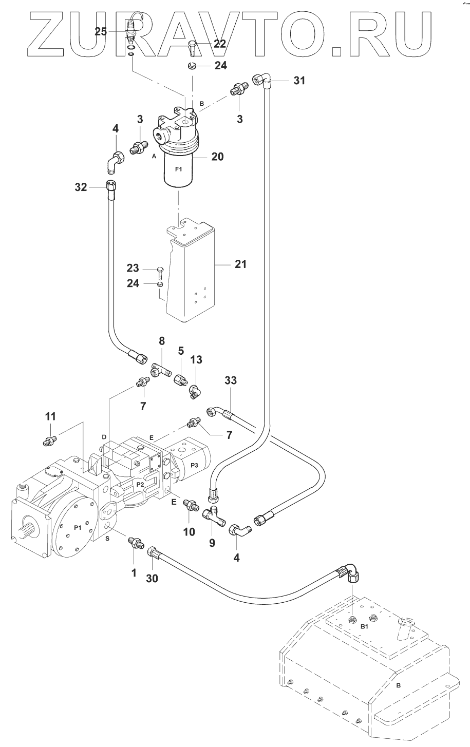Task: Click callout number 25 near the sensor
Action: point(101,32)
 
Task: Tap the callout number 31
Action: point(299,80)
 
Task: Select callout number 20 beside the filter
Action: point(218,157)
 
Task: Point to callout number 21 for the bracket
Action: point(240,264)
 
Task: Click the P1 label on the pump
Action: point(78,527)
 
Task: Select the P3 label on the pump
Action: point(194,465)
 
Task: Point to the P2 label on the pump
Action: point(140,484)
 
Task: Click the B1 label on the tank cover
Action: point(364,627)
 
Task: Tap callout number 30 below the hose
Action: point(152,578)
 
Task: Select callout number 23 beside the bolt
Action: point(134,268)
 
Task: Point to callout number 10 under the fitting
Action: point(189,532)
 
